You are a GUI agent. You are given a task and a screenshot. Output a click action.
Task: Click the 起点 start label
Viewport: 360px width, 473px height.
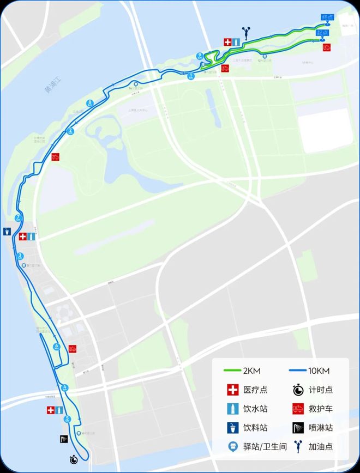322,33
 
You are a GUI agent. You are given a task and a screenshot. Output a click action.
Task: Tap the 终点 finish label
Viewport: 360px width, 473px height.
327,17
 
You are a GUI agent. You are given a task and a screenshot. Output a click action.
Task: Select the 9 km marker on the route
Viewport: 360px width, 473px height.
200,55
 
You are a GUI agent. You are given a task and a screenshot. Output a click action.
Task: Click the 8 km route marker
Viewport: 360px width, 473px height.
89,103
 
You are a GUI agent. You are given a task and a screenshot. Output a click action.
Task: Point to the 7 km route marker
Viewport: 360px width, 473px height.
19,218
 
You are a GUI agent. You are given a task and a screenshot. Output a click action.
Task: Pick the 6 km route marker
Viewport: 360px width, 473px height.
56,346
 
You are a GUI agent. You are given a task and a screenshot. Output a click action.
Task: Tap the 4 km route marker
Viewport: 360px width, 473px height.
65,387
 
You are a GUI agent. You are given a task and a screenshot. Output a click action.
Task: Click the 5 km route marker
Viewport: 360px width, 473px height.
68,419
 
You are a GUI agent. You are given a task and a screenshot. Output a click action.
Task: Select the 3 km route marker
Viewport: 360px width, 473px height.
20,256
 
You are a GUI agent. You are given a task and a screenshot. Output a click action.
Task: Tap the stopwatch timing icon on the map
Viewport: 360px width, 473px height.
74,459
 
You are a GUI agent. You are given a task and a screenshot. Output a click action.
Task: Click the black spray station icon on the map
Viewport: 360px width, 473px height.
64,439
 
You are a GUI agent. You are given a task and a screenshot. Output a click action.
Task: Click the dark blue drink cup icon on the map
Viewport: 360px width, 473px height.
6,231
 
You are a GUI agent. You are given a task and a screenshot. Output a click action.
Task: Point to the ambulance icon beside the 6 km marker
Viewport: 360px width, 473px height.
72,348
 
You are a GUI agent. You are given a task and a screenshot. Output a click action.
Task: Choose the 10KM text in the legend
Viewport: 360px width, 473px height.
319,371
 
